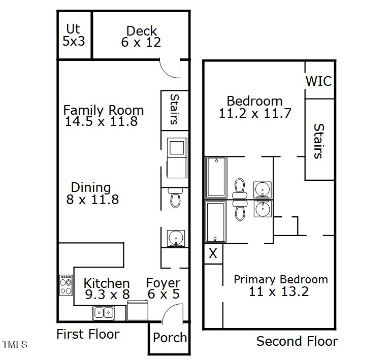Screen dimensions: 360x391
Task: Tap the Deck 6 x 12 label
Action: (x=141, y=37)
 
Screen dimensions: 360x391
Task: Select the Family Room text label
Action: (x=103, y=110)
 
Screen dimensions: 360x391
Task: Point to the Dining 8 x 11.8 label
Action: (x=92, y=193)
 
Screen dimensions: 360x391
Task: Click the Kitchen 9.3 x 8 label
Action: (x=106, y=289)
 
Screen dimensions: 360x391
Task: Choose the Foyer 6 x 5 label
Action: (x=163, y=288)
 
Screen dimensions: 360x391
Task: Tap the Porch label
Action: (x=170, y=338)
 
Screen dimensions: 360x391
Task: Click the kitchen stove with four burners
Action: (x=66, y=285)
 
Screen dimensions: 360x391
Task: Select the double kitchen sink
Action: (x=104, y=313)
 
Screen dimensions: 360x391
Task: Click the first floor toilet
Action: (x=175, y=198)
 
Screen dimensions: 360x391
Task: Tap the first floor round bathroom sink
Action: (x=176, y=238)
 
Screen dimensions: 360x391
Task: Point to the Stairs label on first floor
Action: (x=174, y=109)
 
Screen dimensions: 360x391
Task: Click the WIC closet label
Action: (x=318, y=81)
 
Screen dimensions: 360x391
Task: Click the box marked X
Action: (x=213, y=253)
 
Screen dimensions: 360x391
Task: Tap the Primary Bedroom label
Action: (x=280, y=279)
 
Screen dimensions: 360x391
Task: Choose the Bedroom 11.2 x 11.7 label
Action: (x=254, y=107)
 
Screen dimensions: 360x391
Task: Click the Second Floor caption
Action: (x=297, y=341)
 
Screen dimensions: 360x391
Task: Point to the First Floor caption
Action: (x=88, y=334)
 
